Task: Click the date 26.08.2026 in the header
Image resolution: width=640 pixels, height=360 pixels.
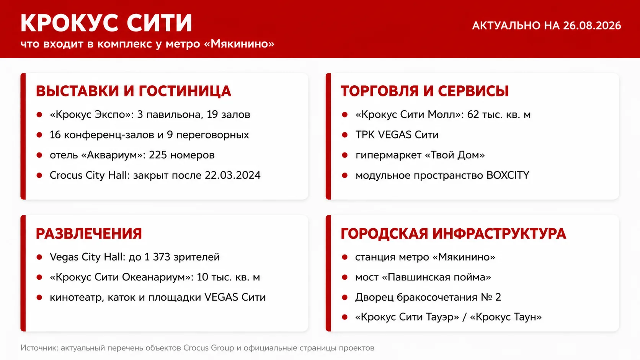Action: click(592, 26)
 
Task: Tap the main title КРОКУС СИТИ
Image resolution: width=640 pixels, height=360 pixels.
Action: click(106, 23)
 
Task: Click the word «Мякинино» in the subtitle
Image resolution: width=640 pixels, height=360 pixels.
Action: click(240, 44)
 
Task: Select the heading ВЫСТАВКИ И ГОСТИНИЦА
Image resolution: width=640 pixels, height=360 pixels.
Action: click(134, 91)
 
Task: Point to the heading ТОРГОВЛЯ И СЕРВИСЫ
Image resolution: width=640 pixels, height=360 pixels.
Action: click(424, 91)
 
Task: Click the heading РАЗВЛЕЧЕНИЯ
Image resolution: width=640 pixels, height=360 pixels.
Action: click(89, 233)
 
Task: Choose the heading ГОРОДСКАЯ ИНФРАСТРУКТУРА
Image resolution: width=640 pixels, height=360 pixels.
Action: click(454, 233)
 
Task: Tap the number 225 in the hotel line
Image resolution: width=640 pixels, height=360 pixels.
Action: click(158, 155)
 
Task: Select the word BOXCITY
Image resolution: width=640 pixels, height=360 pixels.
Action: click(508, 175)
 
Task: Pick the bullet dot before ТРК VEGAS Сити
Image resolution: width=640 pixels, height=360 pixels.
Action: click(344, 135)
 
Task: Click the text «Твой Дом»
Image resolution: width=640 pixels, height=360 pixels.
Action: click(455, 155)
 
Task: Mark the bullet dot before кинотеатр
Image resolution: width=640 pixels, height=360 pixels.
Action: click(39, 298)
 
